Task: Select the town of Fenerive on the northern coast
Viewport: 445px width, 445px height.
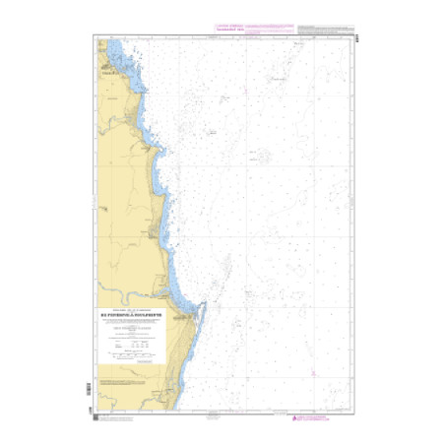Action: (111, 72)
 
